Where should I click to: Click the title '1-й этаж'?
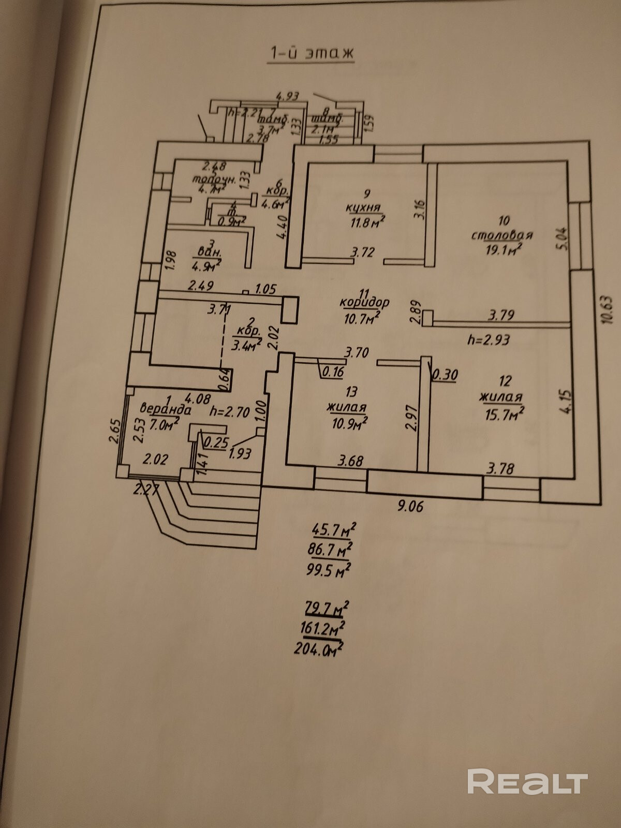click(x=310, y=53)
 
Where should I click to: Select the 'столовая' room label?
click(x=502, y=235)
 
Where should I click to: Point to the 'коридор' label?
click(x=365, y=302)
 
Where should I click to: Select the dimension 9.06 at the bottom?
click(x=410, y=505)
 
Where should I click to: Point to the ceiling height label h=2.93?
click(x=488, y=339)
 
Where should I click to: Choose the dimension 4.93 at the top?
click(x=288, y=96)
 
